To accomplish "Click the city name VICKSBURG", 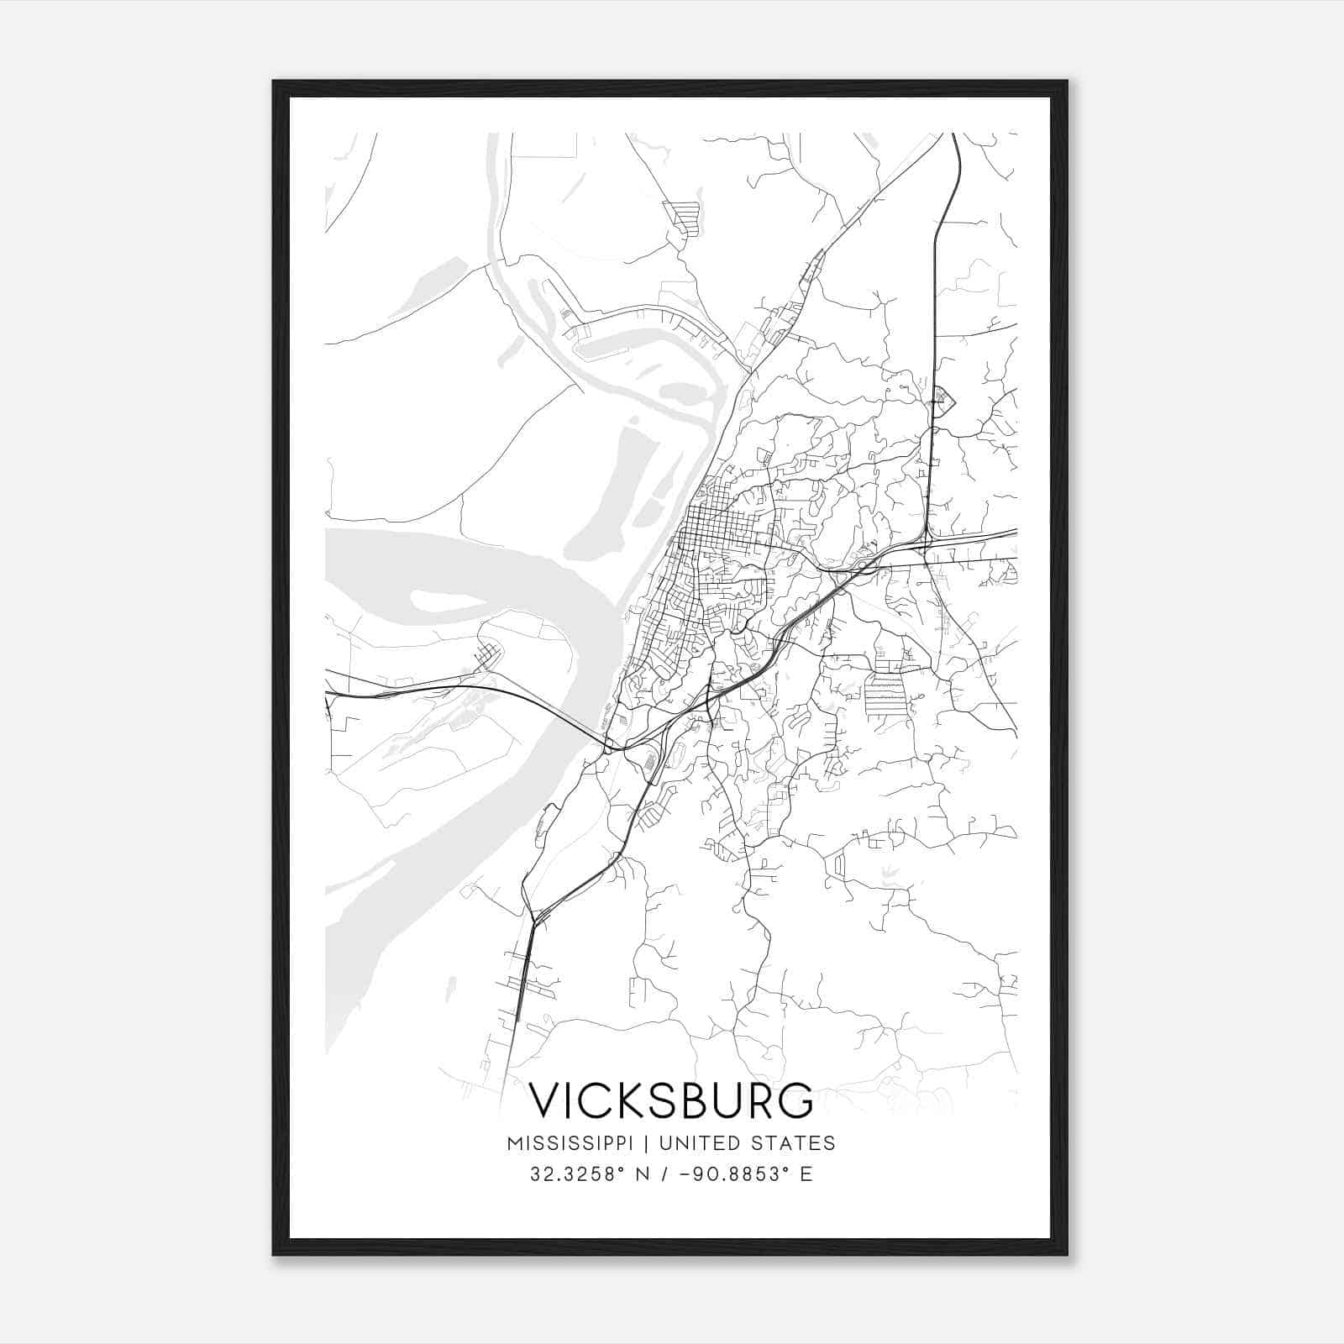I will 671,1100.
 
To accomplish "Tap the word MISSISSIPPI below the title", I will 571,1143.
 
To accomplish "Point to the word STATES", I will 793,1143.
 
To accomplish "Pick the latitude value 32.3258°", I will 577,1174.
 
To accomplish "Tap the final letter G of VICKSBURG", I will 796,1100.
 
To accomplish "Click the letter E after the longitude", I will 806,1174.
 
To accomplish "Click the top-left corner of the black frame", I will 275,82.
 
